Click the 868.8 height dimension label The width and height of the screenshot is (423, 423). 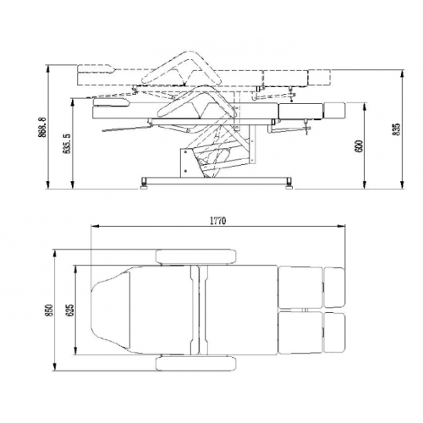42,128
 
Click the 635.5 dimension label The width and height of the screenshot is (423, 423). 67,144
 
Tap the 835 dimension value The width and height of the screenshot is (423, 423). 396,129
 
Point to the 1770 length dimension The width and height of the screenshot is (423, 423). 218,221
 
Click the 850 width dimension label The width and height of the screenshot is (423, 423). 49,310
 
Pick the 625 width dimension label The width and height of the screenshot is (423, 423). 70,310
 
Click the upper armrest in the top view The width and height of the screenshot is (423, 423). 196,256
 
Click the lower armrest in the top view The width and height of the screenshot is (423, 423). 196,364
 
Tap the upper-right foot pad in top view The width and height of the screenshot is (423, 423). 334,288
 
